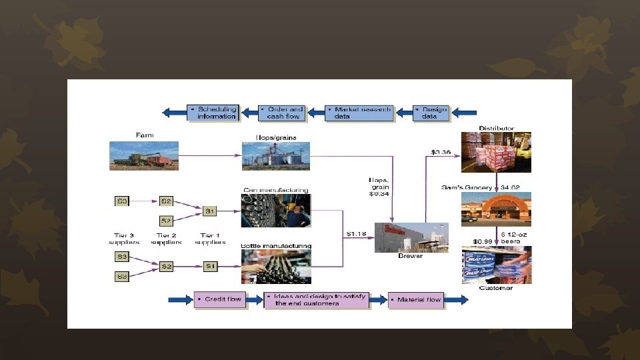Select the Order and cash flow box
(282, 113)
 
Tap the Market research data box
(360, 113)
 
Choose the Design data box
(431, 113)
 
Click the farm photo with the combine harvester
(144, 155)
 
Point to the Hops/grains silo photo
(275, 156)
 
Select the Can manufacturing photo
(275, 211)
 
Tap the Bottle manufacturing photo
(275, 267)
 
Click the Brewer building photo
(411, 237)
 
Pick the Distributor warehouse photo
(496, 154)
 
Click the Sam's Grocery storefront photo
(496, 209)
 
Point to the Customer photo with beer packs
(496, 265)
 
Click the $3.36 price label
(441, 153)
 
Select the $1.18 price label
(357, 234)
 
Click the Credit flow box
(221, 300)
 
